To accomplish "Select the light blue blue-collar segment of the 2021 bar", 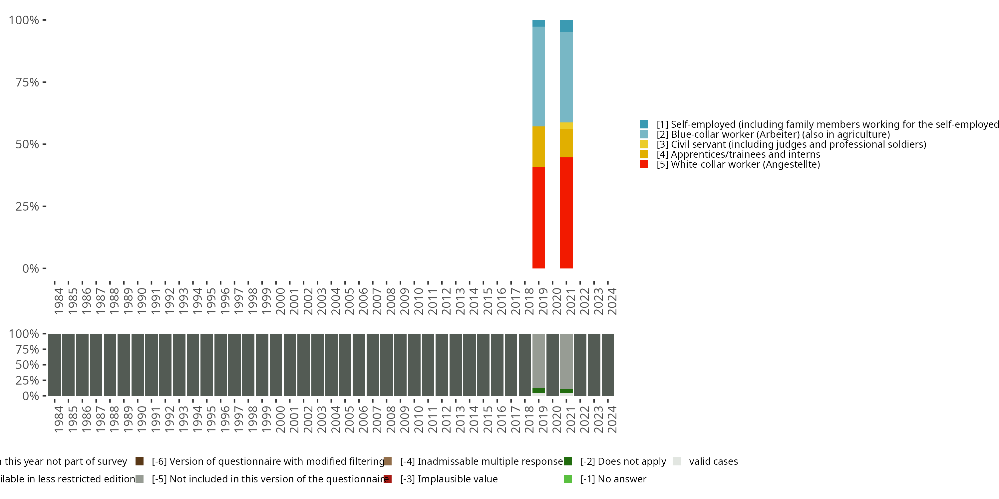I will tap(566, 77).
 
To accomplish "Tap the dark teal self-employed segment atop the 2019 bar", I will tap(538, 23).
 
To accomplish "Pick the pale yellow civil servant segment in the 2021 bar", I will tap(566, 125).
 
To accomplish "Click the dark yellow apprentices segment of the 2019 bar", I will tap(538, 146).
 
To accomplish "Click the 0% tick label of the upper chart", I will tap(30, 268).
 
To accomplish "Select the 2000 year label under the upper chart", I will tap(280, 301).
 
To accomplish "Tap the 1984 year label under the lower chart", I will tap(59, 419).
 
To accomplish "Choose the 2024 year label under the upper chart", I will tap(612, 301).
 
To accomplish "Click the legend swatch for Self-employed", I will tap(644, 124).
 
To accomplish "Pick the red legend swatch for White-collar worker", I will tap(644, 164).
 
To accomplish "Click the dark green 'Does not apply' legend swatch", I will tap(567, 461).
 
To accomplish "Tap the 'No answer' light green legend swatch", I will tap(567, 479).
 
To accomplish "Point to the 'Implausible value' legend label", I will tap(449, 479).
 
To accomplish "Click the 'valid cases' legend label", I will tap(713, 461).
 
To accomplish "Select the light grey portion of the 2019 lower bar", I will tap(538, 360).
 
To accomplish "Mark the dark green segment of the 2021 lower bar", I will tap(566, 391).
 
